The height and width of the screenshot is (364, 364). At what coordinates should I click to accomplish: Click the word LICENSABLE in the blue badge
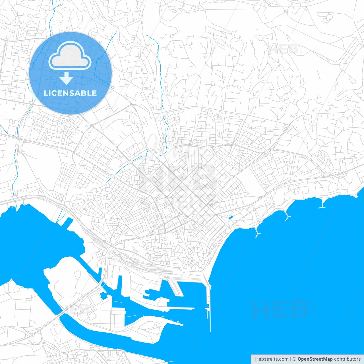[70, 93]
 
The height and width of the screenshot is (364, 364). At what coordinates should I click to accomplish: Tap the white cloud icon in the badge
[70, 55]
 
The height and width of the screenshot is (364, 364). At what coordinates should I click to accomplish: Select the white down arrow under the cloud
[67, 78]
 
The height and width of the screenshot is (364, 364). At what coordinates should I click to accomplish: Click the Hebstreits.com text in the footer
[272, 359]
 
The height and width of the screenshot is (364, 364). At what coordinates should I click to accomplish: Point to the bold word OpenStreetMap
[315, 359]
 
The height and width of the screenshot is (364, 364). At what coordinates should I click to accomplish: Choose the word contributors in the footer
[347, 359]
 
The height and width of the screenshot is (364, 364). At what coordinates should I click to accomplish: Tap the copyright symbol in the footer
[294, 359]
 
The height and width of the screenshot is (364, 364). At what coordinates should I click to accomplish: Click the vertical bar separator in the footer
[290, 359]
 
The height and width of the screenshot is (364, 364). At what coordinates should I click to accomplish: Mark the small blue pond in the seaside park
[230, 218]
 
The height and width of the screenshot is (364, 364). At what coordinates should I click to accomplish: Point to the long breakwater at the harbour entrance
[210, 307]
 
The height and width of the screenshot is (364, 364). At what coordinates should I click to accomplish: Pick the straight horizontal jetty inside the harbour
[182, 308]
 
